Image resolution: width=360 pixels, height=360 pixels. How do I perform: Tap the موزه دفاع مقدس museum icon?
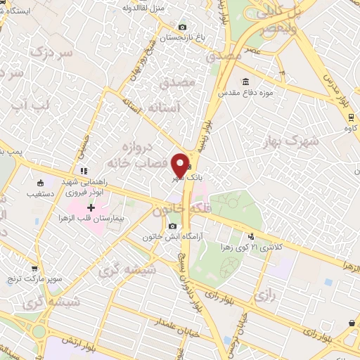pos(245,81)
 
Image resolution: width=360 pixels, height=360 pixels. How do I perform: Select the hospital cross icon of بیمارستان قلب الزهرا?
pos(91,207)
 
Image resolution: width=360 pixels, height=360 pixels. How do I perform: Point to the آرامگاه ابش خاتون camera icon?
pos(173,226)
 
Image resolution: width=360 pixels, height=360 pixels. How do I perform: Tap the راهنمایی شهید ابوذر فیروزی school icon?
pos(83,171)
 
